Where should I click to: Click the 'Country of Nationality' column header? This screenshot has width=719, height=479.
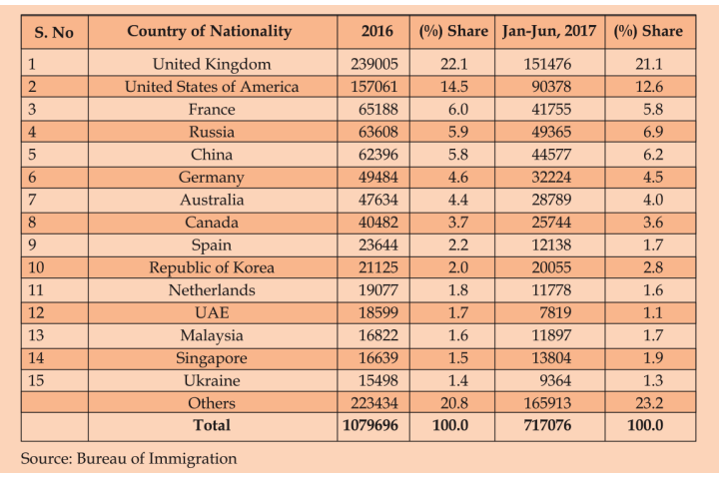pos(210,31)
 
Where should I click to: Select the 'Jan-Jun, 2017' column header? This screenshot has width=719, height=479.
pos(548,31)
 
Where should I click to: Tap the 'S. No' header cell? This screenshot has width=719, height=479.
pos(54,32)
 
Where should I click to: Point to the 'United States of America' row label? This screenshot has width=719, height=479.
pos(211,87)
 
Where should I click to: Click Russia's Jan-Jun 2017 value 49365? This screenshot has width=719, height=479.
pos(548,132)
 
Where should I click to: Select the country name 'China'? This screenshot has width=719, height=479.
pos(211,155)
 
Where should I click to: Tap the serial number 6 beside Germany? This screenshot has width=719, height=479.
pos(32,177)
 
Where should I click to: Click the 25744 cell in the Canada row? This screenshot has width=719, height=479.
pos(548,222)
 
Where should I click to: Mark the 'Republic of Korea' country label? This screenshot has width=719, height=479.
pos(211,267)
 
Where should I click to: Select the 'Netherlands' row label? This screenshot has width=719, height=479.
pos(211,290)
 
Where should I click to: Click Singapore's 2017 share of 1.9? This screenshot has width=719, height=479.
pos(648,357)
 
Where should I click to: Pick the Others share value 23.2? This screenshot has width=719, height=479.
pos(648,403)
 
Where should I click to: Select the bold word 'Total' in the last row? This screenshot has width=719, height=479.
pos(211,426)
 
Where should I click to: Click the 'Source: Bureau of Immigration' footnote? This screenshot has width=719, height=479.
pos(129,459)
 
